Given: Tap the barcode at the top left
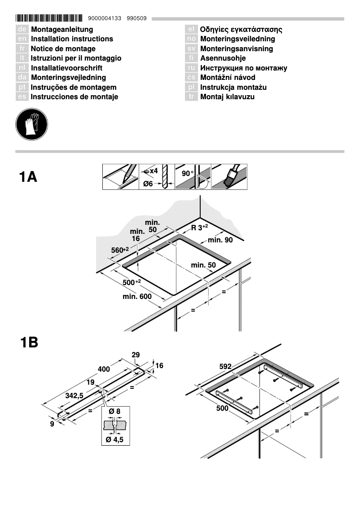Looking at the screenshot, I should pos(49,18).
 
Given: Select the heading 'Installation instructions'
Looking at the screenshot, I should pos(72,39).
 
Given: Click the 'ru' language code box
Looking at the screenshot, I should pos(191,68).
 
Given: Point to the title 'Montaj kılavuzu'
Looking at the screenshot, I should pos(227,97).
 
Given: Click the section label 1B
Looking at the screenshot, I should pos(29,343).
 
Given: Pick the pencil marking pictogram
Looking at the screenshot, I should pos(121,177).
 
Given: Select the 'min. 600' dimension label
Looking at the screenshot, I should pos(137,297).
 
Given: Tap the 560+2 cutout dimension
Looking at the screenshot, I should pos(120,250).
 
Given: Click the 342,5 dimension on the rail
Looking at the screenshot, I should pos(75,395).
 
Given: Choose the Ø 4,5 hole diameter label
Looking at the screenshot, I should pos(114,439).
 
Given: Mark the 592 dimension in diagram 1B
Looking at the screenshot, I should pos(225,366).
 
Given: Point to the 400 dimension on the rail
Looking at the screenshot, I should pos(104,369).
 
